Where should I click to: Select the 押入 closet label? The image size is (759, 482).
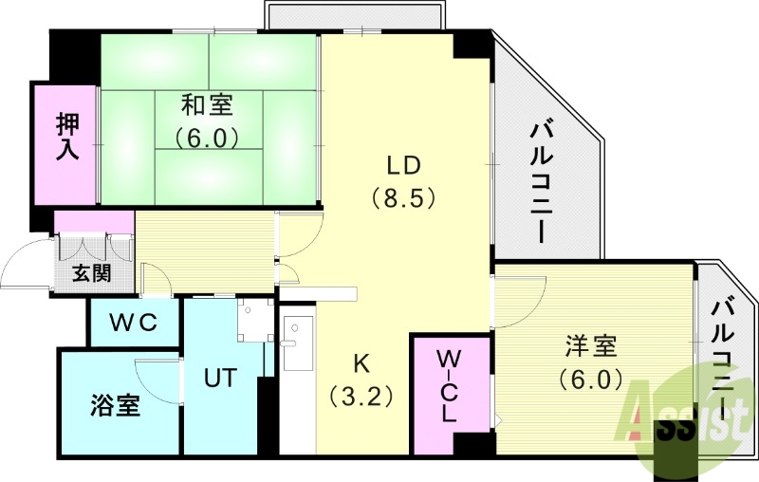pos(67,138)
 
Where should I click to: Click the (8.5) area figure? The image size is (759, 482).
pos(403,199)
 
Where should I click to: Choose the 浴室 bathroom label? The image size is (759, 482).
pos(117,406)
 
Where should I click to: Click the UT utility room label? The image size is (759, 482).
pos(221,376)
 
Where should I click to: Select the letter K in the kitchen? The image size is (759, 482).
pos(361,361)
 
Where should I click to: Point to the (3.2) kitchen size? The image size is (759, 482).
pos(361,395)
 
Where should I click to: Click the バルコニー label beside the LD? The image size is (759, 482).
pos(544,177)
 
